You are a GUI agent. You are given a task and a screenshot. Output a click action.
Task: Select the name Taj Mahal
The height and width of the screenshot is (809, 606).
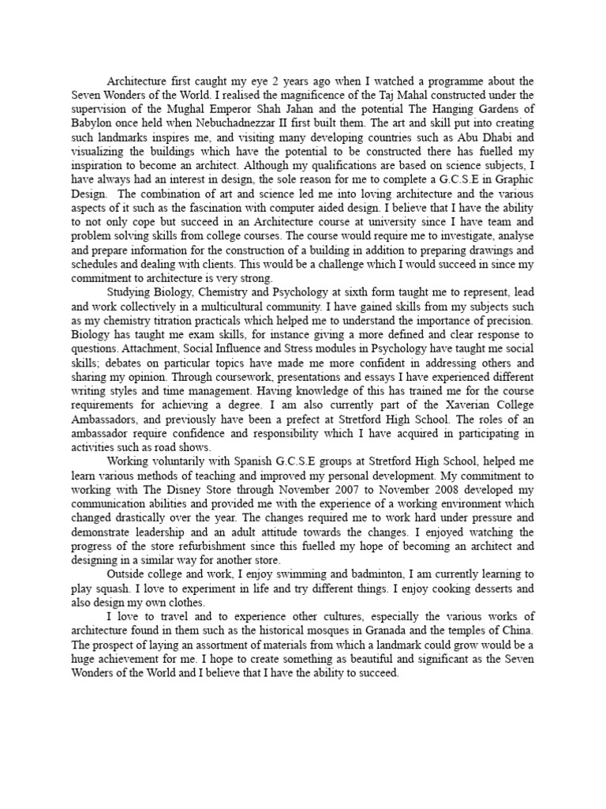pyautogui.click(x=371, y=94)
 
